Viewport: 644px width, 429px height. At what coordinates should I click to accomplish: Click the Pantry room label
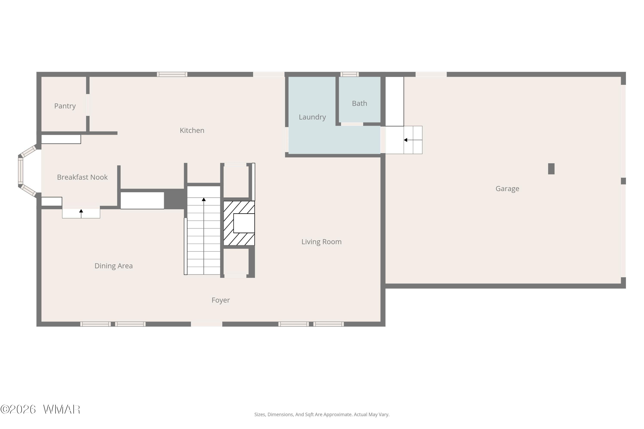[65, 106]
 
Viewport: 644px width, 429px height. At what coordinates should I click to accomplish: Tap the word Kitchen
[192, 130]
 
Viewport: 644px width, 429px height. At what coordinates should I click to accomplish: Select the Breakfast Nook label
[82, 177]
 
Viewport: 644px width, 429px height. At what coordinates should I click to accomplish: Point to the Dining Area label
[114, 266]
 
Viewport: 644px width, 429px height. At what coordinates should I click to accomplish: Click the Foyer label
[221, 300]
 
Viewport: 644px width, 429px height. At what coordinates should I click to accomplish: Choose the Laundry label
[312, 117]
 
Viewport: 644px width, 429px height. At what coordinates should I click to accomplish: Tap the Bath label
[360, 103]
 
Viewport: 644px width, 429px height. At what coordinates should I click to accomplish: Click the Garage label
[507, 189]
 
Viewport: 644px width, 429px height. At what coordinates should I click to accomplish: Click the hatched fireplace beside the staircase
[239, 223]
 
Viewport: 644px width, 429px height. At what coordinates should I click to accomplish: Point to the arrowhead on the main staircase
[204, 199]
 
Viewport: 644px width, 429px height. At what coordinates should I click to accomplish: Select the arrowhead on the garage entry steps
[406, 140]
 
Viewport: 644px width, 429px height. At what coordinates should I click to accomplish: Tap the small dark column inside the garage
[551, 169]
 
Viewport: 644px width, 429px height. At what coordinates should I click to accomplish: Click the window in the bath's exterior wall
[350, 74]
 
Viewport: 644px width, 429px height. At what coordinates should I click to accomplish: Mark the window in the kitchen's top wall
[172, 74]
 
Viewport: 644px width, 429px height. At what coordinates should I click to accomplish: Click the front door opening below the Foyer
[207, 324]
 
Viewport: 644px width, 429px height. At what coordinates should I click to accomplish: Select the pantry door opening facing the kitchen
[88, 105]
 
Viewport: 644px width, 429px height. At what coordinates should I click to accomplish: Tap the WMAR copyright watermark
[40, 409]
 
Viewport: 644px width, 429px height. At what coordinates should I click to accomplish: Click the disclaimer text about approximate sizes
[322, 414]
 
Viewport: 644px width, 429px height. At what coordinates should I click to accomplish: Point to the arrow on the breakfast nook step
[81, 214]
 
